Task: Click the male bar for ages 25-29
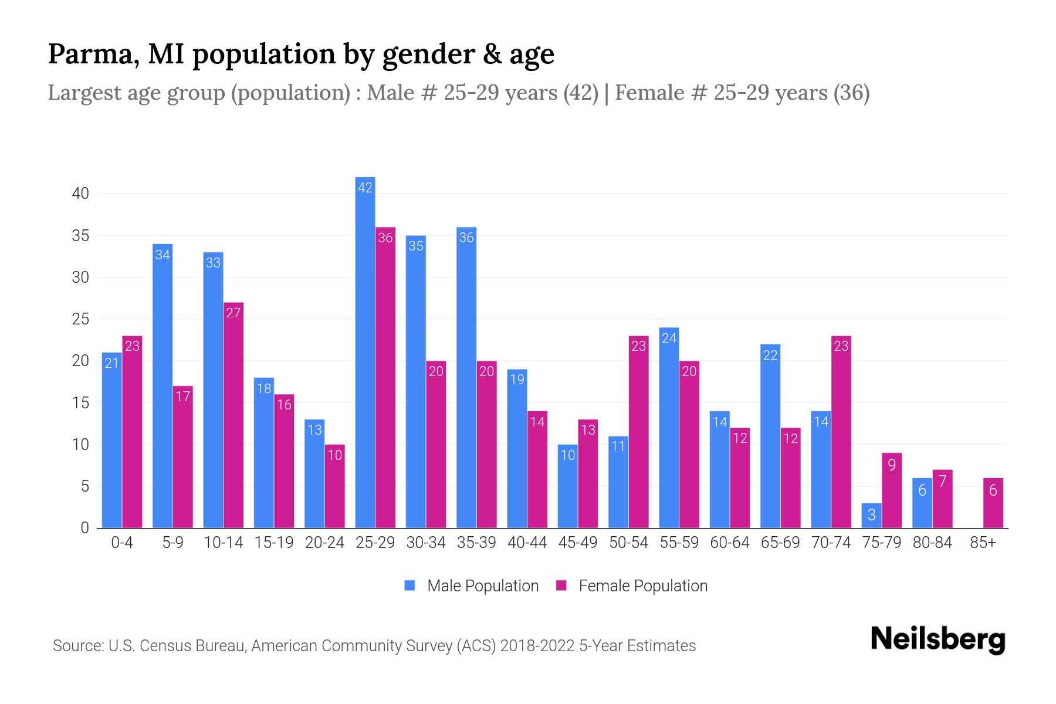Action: (365, 352)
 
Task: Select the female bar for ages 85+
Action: (993, 503)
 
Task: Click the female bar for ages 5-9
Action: (183, 457)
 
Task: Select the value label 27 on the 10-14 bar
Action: (233, 313)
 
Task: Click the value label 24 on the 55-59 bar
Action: (669, 338)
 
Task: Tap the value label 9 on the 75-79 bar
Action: (892, 465)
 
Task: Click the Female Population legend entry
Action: (631, 585)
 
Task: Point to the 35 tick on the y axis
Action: (80, 236)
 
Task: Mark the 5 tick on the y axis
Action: (84, 486)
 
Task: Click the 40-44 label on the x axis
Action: (527, 543)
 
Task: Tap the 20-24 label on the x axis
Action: (324, 543)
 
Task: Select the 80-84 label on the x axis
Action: (932, 543)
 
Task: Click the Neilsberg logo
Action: (937, 639)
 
